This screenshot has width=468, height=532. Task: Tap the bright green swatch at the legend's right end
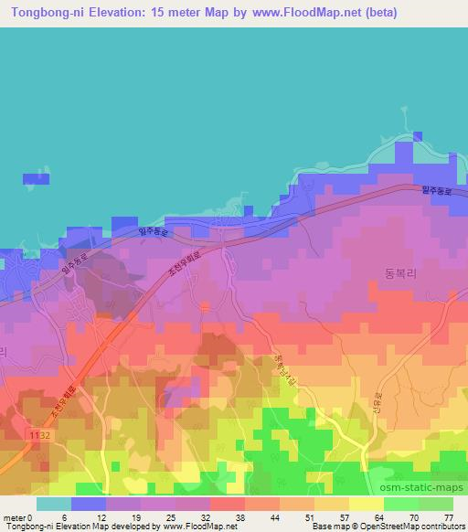436,504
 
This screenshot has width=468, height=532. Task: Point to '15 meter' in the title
182,11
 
